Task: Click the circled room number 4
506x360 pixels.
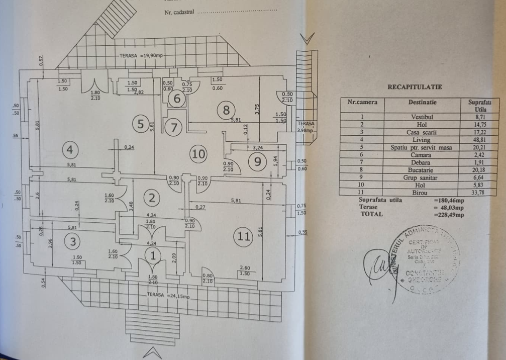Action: [70, 149]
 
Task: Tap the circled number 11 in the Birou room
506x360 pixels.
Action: [244, 236]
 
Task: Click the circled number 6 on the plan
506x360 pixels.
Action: [176, 99]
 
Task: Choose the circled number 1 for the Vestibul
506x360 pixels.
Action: [151, 256]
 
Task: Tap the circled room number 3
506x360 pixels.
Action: [73, 242]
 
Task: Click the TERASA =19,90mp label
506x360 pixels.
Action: [140, 56]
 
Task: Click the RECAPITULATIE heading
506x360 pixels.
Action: [415, 87]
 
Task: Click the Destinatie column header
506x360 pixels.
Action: [422, 102]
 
